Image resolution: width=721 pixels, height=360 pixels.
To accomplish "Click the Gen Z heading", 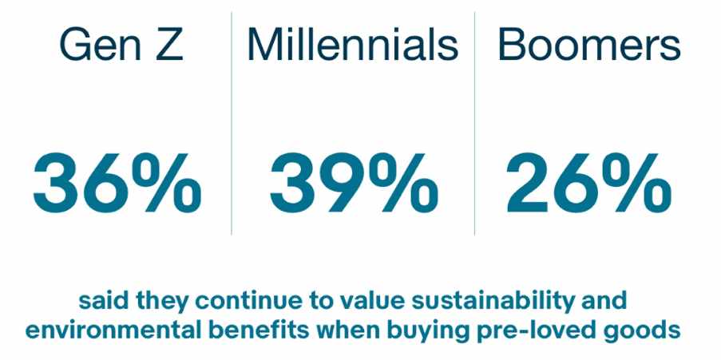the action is [x=121, y=44].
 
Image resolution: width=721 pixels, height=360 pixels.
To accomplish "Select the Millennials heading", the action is [x=353, y=44].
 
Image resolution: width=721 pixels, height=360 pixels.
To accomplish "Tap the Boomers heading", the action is [x=589, y=45].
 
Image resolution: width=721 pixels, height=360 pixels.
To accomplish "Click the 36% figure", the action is [x=117, y=184].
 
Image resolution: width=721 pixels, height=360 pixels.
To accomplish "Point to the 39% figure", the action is [x=354, y=184].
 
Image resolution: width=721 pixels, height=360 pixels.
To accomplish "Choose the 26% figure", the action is [x=588, y=184].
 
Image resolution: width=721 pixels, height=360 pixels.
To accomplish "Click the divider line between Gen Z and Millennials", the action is [x=232, y=123].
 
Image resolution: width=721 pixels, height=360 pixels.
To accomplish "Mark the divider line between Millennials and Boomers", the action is [x=474, y=123].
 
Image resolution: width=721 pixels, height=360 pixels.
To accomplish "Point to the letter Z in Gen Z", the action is [x=169, y=44].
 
